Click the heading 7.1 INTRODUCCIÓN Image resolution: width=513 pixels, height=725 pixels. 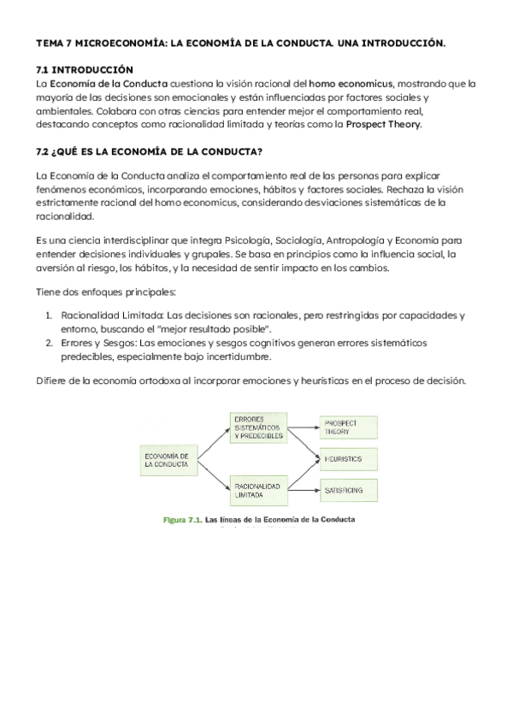click(x=85, y=68)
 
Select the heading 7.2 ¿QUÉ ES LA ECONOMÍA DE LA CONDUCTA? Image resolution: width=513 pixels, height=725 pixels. click(x=149, y=152)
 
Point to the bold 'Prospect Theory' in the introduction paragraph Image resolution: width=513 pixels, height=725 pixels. click(x=383, y=124)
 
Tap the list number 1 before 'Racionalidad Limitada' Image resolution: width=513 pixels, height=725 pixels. click(x=48, y=315)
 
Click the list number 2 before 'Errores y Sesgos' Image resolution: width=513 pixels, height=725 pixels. click(x=48, y=343)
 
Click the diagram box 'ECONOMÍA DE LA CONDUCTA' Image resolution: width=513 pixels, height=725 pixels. click(x=168, y=460)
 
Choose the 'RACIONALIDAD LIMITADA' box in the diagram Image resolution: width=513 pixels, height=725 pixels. click(x=257, y=490)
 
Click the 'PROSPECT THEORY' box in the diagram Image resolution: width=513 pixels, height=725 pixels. click(x=347, y=427)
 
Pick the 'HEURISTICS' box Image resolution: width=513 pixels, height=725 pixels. click(x=347, y=459)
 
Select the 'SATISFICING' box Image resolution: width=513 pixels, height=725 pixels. click(x=347, y=491)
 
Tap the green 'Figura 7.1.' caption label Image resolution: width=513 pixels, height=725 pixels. click(x=183, y=519)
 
